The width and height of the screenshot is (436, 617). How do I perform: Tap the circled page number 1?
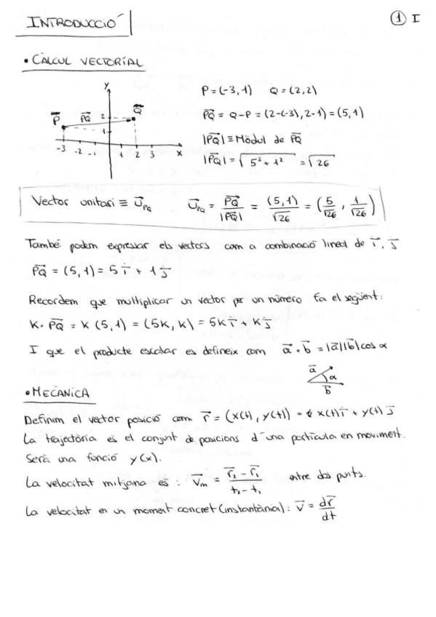point(398,21)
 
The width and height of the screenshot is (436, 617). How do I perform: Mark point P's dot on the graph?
point(63,128)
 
